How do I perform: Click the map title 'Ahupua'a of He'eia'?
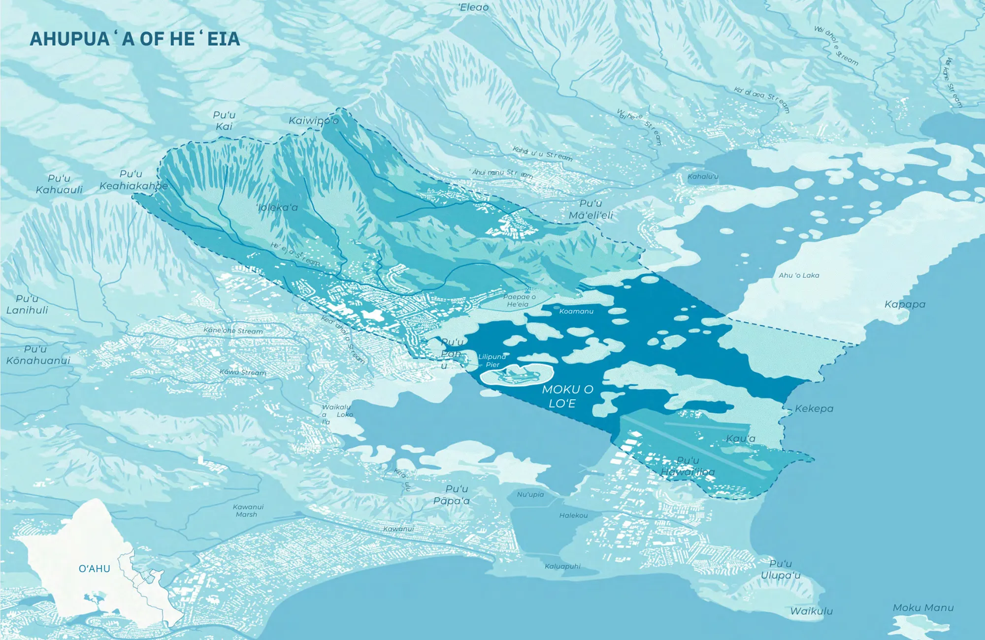[x=135, y=39]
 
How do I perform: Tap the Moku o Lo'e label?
[x=567, y=396]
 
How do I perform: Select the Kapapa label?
[x=905, y=304]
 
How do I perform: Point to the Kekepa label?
[x=814, y=409]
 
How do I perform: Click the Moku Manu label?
[x=923, y=608]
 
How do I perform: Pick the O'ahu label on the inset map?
[x=95, y=569]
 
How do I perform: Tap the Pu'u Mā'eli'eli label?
[x=591, y=209]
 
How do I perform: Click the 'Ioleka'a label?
[x=277, y=207]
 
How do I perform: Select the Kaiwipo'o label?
[x=314, y=121]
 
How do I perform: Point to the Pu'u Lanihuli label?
[x=27, y=304]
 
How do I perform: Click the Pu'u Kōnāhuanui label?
[x=38, y=355]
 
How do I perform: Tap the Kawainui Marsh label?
[x=248, y=511]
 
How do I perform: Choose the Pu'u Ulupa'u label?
[x=781, y=570]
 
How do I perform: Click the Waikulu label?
[x=811, y=611]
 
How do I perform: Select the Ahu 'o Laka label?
[x=799, y=275]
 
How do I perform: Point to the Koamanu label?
[x=576, y=311]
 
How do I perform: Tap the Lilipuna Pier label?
[x=492, y=360]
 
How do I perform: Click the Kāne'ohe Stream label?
[x=233, y=330]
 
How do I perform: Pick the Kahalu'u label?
[x=703, y=176]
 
